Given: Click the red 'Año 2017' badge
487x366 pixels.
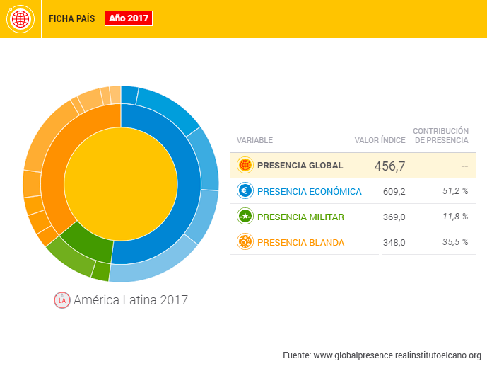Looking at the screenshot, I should (129, 18).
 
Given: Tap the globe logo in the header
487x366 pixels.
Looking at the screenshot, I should (21, 18).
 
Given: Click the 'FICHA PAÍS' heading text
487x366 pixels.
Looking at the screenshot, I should (71, 19).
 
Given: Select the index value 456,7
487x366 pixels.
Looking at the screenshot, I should (389, 166).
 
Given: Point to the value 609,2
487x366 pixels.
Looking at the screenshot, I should (393, 191).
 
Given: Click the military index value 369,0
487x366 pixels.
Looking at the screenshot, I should (393, 217).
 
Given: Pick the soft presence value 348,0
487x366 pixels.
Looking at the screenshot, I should (393, 242).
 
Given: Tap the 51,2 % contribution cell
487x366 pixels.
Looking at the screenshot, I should (454, 191).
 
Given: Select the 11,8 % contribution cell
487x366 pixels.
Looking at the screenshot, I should (454, 217).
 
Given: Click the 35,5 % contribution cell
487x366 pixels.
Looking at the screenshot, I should (454, 242).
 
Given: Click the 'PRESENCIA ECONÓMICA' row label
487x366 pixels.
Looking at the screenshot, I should (309, 191).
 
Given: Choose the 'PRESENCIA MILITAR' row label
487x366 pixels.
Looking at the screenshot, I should (300, 217).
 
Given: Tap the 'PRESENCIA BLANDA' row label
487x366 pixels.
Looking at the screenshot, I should (300, 242).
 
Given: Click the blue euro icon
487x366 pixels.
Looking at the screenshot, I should (245, 191).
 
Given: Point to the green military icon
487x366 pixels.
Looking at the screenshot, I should (245, 217).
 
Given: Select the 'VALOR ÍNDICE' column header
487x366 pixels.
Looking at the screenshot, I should (380, 140).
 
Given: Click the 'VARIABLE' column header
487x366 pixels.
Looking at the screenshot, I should (254, 140).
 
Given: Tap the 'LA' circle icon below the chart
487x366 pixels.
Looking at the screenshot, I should (62, 300).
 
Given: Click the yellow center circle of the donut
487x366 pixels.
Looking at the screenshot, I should (121, 184).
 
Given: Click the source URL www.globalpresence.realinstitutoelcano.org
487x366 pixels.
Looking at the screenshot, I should (397, 355).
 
